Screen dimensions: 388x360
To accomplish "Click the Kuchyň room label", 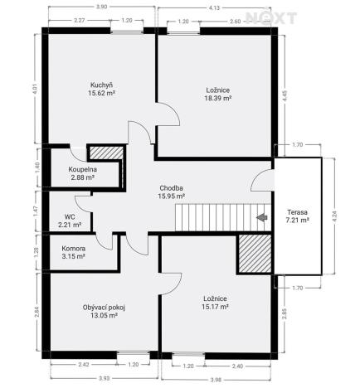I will tap(103, 85).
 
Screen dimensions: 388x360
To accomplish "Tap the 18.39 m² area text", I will tap(218, 98).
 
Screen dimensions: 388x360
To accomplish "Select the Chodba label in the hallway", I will tap(171, 187).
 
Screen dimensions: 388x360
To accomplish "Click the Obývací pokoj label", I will tap(104, 307).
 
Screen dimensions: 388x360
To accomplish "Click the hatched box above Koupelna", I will tap(104, 154).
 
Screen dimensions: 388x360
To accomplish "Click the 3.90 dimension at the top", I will tap(101, 6).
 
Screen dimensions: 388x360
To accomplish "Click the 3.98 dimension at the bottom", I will tap(215, 380).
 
